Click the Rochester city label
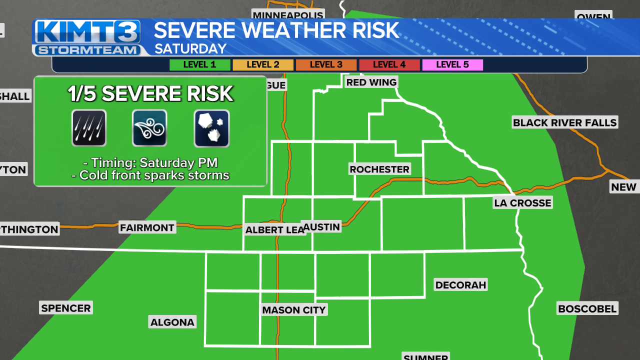379,169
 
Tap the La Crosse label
522,202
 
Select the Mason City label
294,310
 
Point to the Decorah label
460,285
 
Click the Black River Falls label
564,122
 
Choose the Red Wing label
371,82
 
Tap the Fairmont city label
147,227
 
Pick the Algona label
172,322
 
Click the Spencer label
66,308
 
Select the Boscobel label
587,308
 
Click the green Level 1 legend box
199,64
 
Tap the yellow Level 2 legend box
263,64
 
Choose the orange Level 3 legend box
326,64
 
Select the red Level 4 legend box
389,64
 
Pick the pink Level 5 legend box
452,64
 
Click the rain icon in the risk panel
89,128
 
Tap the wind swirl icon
149,128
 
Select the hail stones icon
211,128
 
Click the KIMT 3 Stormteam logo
88,37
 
